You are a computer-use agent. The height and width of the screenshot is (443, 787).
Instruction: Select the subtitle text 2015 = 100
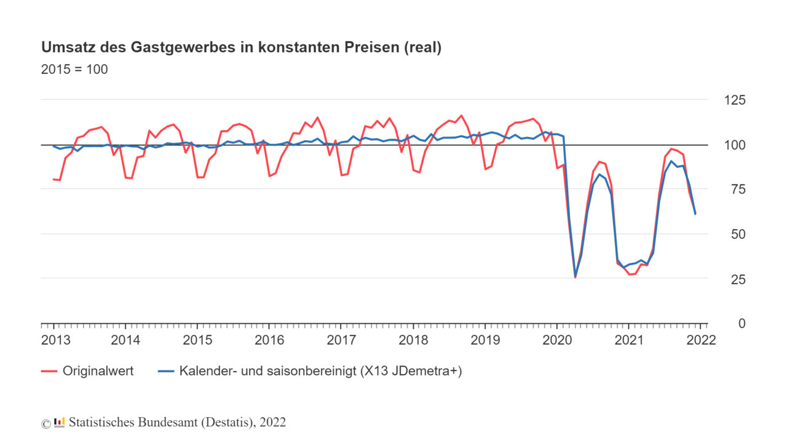coord(74,70)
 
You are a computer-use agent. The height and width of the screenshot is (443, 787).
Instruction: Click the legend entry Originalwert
coord(98,371)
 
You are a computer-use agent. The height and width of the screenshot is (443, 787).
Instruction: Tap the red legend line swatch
coord(49,371)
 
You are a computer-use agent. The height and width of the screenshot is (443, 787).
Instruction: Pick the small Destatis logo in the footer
coord(59,422)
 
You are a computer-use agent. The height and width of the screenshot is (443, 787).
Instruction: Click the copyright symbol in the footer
coord(45,423)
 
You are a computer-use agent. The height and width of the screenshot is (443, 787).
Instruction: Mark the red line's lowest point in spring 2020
coord(575,277)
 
